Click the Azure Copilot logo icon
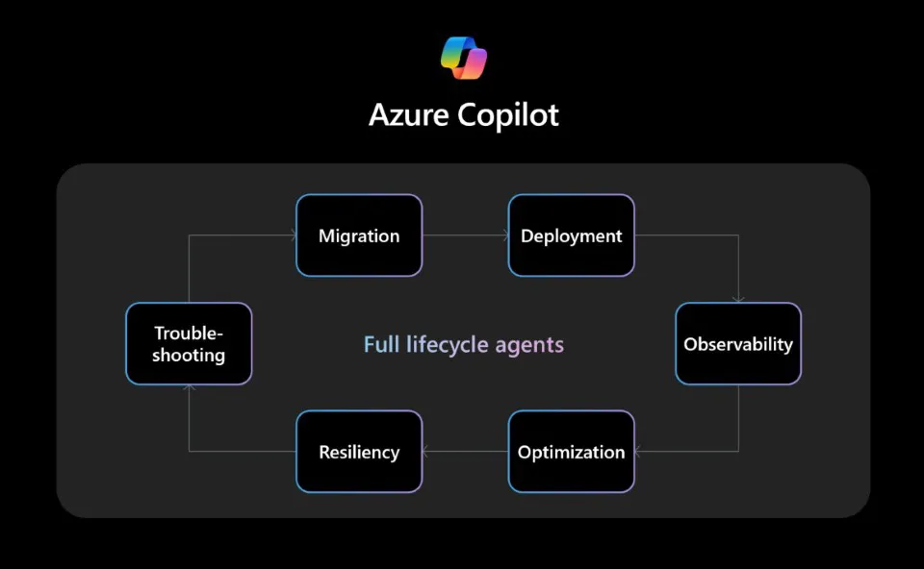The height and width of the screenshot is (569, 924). coord(464,58)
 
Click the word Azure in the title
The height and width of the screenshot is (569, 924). coord(408,115)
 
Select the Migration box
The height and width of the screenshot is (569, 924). coord(359,235)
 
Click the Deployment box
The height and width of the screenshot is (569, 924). coord(571,235)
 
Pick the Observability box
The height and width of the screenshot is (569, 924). coord(738,344)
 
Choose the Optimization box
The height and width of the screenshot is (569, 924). coord(571,452)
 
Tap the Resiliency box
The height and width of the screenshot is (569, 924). coord(359,452)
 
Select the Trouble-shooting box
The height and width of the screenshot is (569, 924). coord(189,344)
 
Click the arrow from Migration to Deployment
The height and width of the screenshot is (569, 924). coord(465,235)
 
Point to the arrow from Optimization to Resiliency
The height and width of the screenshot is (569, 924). coord(465,452)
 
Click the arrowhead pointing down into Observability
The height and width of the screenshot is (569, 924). coord(738,299)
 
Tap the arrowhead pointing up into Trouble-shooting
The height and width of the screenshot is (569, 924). coord(189,389)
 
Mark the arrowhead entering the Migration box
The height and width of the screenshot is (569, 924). coord(292,235)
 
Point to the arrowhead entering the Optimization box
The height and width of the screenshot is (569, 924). coord(639,452)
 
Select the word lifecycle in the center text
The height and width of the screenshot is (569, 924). coord(447,344)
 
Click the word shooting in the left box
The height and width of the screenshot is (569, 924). coord(189,356)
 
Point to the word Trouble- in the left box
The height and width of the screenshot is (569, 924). coord(189,333)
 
